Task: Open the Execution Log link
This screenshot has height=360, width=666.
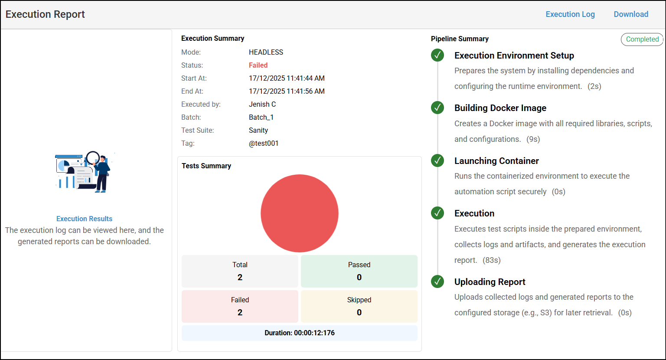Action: pyautogui.click(x=570, y=14)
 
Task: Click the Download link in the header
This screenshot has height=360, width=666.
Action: pyautogui.click(x=631, y=14)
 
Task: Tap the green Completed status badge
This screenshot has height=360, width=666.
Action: pyautogui.click(x=642, y=39)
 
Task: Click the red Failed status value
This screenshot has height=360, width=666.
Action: pyautogui.click(x=258, y=65)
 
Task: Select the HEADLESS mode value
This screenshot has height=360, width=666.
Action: pyautogui.click(x=266, y=52)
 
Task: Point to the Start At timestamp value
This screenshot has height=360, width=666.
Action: pyautogui.click(x=287, y=78)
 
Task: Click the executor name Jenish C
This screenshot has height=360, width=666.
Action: pyautogui.click(x=262, y=104)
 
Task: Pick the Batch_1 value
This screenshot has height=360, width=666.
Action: pyautogui.click(x=261, y=117)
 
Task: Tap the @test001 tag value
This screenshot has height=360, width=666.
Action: pyautogui.click(x=263, y=143)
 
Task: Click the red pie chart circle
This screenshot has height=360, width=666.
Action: pyautogui.click(x=299, y=213)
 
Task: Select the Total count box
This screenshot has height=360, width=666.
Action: pyautogui.click(x=240, y=271)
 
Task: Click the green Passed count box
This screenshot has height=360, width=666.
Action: pyautogui.click(x=359, y=271)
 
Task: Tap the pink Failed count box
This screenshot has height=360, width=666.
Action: pyautogui.click(x=240, y=306)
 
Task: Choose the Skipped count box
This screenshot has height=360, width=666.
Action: pyautogui.click(x=359, y=306)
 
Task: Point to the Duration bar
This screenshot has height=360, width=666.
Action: pyautogui.click(x=299, y=333)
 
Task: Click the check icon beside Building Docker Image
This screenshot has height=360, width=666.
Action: pyautogui.click(x=437, y=108)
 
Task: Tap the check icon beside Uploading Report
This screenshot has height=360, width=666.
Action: pyautogui.click(x=437, y=281)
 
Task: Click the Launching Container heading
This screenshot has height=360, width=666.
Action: pyautogui.click(x=496, y=161)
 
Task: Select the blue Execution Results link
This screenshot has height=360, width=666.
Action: pyautogui.click(x=84, y=219)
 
